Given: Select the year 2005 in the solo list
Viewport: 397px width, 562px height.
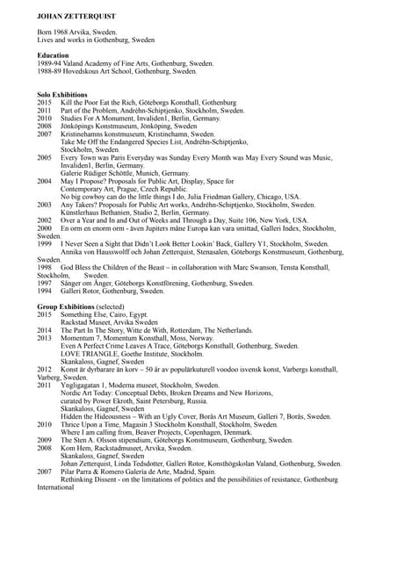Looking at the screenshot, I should click(x=45, y=158).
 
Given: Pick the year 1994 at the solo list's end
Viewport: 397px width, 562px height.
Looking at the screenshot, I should click(x=45, y=291).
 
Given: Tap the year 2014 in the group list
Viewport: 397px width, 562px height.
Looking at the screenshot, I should click(x=45, y=329).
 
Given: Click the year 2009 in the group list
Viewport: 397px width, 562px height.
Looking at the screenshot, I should click(x=45, y=440).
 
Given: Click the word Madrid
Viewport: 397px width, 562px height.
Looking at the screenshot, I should click(x=198, y=472).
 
